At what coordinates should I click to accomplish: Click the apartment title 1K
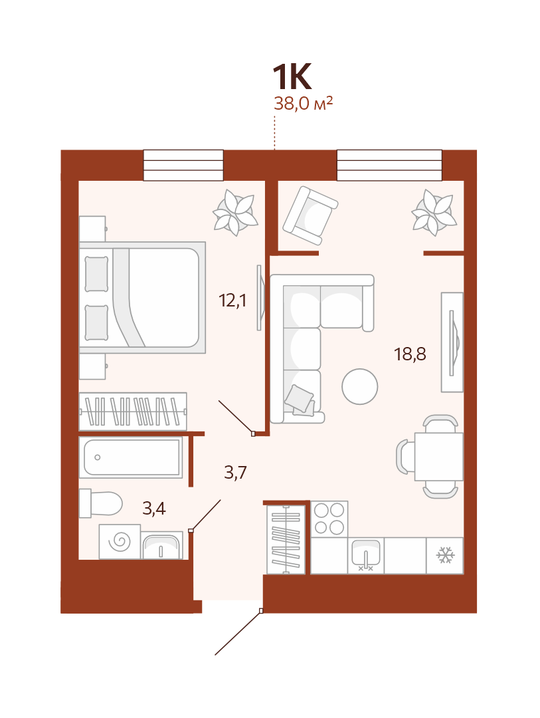point(292,77)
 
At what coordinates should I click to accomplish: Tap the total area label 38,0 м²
point(303,104)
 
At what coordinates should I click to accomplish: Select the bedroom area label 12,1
point(232,300)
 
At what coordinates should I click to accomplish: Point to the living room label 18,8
point(410,354)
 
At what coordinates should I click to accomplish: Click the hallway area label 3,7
point(235,472)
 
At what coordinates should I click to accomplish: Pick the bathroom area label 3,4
point(153,509)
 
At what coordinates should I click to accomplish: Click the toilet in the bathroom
point(101,503)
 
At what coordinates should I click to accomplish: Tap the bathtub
point(131,457)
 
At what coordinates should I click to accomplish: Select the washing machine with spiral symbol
point(120,542)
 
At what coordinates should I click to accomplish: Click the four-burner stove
point(329,519)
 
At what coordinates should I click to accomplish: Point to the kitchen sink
point(365,555)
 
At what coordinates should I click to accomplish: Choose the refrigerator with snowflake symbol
point(445,555)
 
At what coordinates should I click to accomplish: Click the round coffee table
point(360,386)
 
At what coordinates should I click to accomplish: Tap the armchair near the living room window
point(310,215)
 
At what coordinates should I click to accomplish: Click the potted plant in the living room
point(434,213)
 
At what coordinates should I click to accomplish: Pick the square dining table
point(439,457)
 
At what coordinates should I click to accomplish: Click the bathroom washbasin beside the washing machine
point(162,545)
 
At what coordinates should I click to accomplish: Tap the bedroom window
point(183,166)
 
